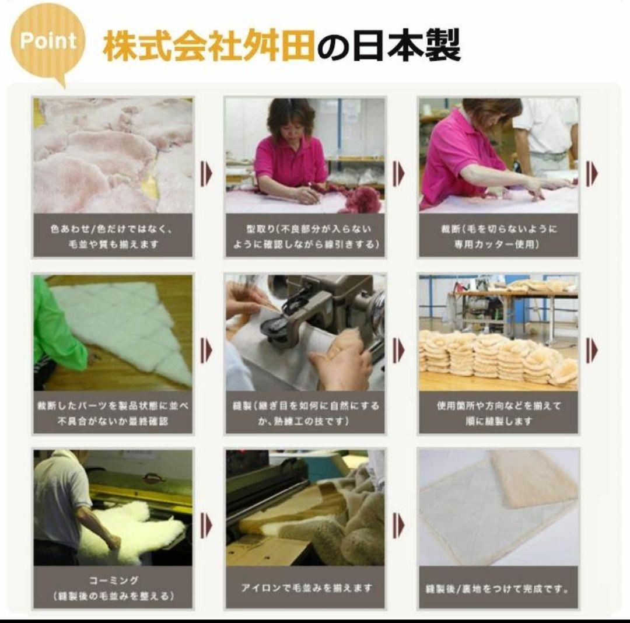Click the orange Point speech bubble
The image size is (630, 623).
[x=48, y=41]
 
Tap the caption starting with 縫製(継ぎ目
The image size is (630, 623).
[x=305, y=412]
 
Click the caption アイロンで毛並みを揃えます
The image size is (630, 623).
[x=305, y=587]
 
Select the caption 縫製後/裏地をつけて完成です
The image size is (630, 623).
[x=498, y=588]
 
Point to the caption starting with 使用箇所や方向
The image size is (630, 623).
[x=498, y=412]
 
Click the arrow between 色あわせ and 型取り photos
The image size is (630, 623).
[x=206, y=173]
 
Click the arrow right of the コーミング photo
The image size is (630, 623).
[x=206, y=525]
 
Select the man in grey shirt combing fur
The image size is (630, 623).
[x=61, y=502]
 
